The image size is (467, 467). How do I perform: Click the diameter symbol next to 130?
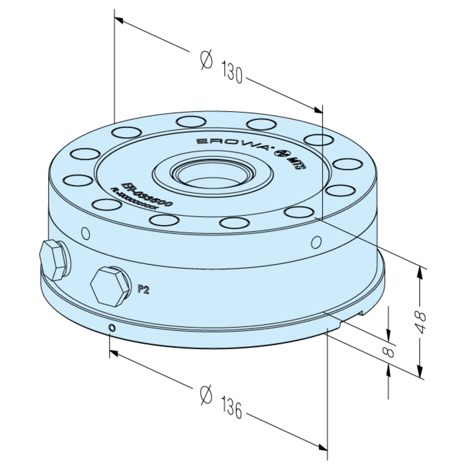[x=205, y=59]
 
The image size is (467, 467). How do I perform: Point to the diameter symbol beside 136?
[x=205, y=395]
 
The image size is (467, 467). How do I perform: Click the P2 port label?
[x=143, y=289]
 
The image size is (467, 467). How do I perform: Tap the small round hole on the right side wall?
[x=316, y=242]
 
